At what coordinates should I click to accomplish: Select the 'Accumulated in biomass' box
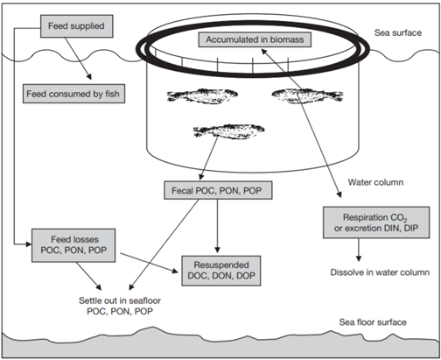point(252,40)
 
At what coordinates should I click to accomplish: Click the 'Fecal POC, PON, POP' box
point(215,190)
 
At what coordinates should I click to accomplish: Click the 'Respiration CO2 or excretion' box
point(378,223)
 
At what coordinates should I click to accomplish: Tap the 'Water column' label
point(376,184)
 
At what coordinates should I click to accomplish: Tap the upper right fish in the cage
point(303,94)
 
